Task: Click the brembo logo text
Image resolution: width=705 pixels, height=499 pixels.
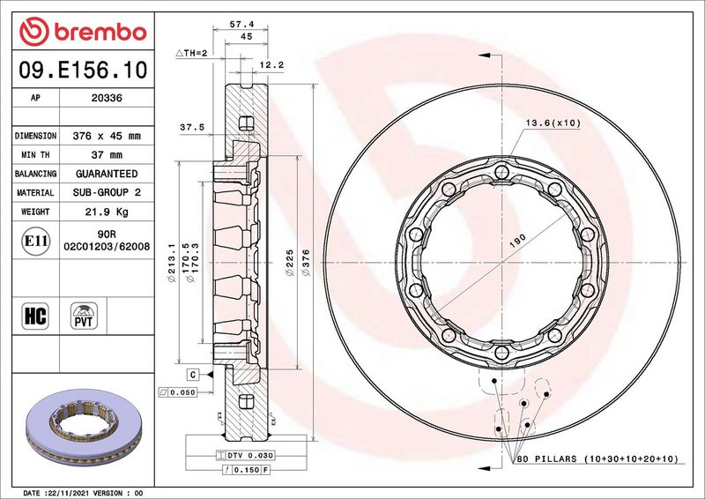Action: pyautogui.click(x=100, y=33)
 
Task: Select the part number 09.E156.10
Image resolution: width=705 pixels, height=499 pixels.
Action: pyautogui.click(x=83, y=71)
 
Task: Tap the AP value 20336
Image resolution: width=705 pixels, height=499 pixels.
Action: pyautogui.click(x=107, y=98)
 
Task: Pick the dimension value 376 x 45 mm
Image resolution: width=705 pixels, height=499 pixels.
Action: pyautogui.click(x=107, y=136)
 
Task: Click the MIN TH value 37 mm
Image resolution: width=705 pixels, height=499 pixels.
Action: pyautogui.click(x=107, y=155)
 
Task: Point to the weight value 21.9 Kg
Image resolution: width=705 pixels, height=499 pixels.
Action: pyautogui.click(x=107, y=212)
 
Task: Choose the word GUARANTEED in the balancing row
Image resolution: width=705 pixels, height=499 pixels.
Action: pyautogui.click(x=107, y=174)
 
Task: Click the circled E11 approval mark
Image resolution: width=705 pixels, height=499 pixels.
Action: pyautogui.click(x=35, y=242)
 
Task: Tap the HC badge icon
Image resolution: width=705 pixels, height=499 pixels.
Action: pyautogui.click(x=35, y=316)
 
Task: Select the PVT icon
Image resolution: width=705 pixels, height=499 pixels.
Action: pyautogui.click(x=84, y=316)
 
